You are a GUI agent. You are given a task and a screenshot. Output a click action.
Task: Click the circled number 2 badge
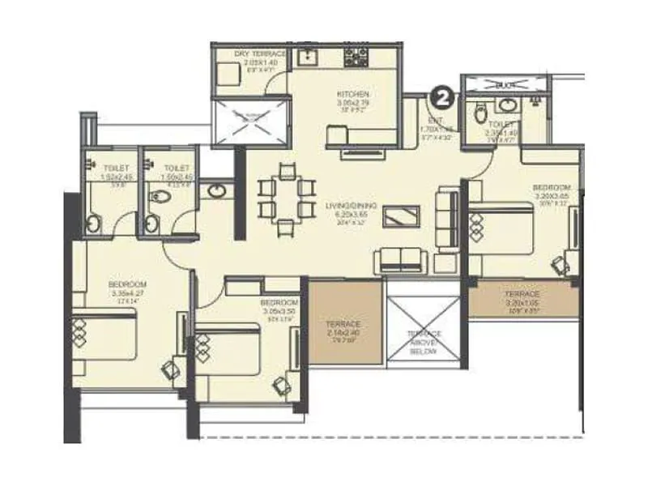[441, 99]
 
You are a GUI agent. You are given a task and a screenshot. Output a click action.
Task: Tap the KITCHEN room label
[353, 96]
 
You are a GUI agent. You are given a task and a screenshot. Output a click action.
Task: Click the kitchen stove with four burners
[356, 58]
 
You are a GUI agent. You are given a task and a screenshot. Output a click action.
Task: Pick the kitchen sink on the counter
[307, 57]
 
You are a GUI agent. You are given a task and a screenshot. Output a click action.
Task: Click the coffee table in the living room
[402, 215]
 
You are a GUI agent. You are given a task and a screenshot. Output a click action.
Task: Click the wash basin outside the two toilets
[217, 192]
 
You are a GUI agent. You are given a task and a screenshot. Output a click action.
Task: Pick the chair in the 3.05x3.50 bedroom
[281, 383]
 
